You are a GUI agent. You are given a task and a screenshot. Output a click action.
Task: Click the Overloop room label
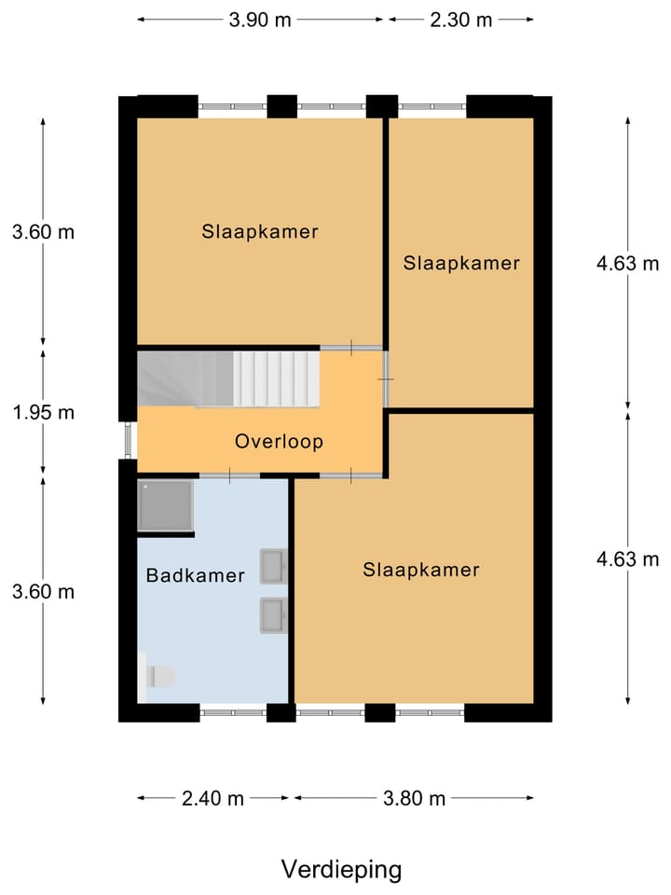tap(279, 441)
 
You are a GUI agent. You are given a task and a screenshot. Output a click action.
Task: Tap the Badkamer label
tap(195, 575)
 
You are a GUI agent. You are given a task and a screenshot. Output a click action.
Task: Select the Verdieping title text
tap(341, 870)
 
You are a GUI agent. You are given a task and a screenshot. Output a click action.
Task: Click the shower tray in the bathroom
tap(165, 505)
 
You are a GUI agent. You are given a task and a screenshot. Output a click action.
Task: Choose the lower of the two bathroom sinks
tap(273, 614)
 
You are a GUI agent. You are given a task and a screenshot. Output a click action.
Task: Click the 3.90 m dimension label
tap(261, 20)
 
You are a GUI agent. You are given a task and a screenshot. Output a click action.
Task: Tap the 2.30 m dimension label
tap(460, 20)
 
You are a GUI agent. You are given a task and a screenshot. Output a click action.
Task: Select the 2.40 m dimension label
tap(212, 798)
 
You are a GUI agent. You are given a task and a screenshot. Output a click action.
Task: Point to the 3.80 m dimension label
tap(414, 798)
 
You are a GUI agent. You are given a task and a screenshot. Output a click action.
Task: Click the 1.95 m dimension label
tap(43, 412)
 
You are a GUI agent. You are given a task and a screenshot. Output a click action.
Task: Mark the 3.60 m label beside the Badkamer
tap(43, 592)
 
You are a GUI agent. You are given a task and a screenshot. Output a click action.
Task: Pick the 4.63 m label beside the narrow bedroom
tap(627, 263)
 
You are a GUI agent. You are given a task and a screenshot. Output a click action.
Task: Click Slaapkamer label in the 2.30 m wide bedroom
tap(461, 263)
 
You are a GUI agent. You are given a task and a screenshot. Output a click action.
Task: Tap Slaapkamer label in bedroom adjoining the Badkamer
tap(421, 569)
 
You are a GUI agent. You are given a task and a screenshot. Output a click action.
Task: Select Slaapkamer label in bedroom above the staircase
tap(260, 231)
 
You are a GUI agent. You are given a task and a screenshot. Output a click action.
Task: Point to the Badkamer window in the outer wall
tap(233, 712)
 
